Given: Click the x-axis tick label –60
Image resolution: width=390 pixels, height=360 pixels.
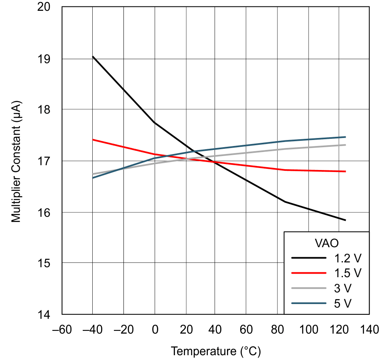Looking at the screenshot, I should point(62,330).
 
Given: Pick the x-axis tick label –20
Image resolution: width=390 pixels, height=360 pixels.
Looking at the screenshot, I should point(123,330).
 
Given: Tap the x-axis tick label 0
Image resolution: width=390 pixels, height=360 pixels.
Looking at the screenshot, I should point(154,330).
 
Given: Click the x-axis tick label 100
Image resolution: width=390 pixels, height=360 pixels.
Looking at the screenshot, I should point(308,330).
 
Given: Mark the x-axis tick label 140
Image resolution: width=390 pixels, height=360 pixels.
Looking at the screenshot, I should point(369,330).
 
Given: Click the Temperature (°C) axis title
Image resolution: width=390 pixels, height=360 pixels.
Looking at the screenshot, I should point(216,352).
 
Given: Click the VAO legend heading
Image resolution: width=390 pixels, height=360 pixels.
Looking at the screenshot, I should point(326,243).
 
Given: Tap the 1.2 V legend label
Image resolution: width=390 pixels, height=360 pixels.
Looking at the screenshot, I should point(347,258).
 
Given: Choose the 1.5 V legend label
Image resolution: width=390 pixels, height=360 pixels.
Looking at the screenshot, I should point(347,273).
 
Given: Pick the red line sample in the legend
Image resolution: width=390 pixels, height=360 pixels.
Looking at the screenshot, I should point(308,273).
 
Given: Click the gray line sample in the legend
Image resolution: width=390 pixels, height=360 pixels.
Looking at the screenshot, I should point(308,288).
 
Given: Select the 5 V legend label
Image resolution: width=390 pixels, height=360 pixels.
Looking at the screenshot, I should point(342,304).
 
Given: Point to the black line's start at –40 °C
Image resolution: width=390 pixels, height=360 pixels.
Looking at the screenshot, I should point(93,56).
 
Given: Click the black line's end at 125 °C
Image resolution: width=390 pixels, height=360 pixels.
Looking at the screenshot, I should point(345,220).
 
